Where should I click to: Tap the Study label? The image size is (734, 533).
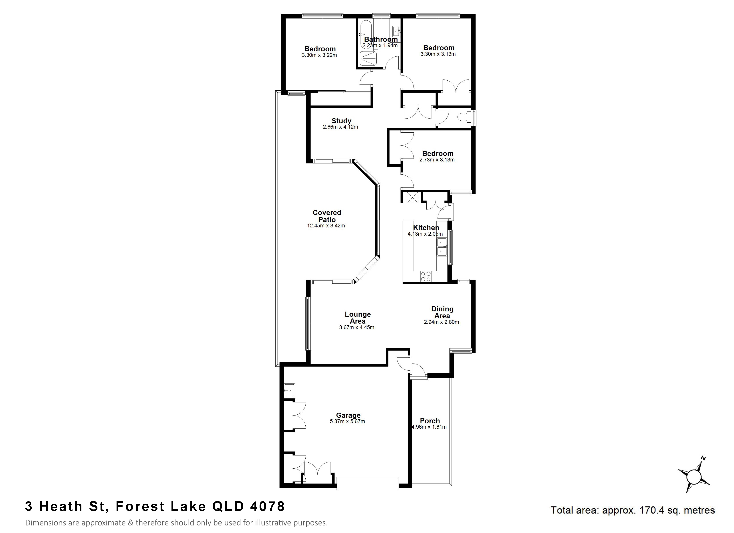click(341, 121)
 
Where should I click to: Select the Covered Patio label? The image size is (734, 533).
click(327, 216)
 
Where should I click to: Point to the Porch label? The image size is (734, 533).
click(430, 421)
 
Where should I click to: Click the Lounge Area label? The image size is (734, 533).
click(358, 318)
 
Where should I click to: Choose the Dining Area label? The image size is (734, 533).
click(442, 312)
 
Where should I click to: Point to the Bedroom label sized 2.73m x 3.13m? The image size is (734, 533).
click(438, 153)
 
